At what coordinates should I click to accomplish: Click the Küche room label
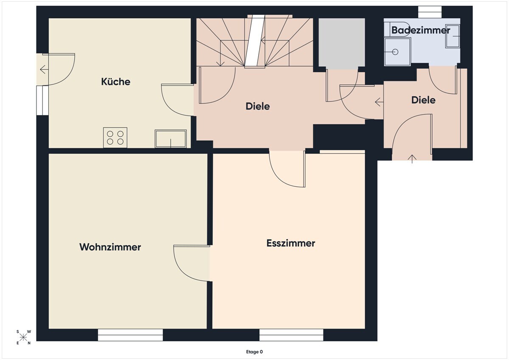pos(116,82)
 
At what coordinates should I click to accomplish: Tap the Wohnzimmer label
pos(110,247)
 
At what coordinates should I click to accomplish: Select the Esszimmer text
pos(291,243)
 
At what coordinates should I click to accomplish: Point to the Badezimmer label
pos(421,30)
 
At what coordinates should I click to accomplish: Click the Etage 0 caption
pos(254,352)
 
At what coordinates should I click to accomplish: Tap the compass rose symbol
pos(23,337)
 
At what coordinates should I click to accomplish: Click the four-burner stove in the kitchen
pos(115,138)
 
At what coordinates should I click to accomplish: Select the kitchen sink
pos(171,139)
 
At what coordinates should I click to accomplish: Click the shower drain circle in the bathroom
pos(395,52)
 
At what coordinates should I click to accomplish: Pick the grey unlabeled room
pos(342,43)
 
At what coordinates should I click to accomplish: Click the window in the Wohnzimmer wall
pos(131,335)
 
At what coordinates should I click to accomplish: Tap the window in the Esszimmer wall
pos(291,335)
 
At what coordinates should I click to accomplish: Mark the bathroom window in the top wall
pos(430,12)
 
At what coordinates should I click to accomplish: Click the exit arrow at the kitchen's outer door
pos(44,69)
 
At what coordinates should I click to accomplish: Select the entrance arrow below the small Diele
pos(412,159)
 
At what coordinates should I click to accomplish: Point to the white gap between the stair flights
pos(255,41)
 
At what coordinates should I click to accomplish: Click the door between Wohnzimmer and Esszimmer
pos(192,263)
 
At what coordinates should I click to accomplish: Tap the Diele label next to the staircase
pos(258,106)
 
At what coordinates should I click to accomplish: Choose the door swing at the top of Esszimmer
pos(287,169)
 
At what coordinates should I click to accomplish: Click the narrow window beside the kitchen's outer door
pos(42,100)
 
